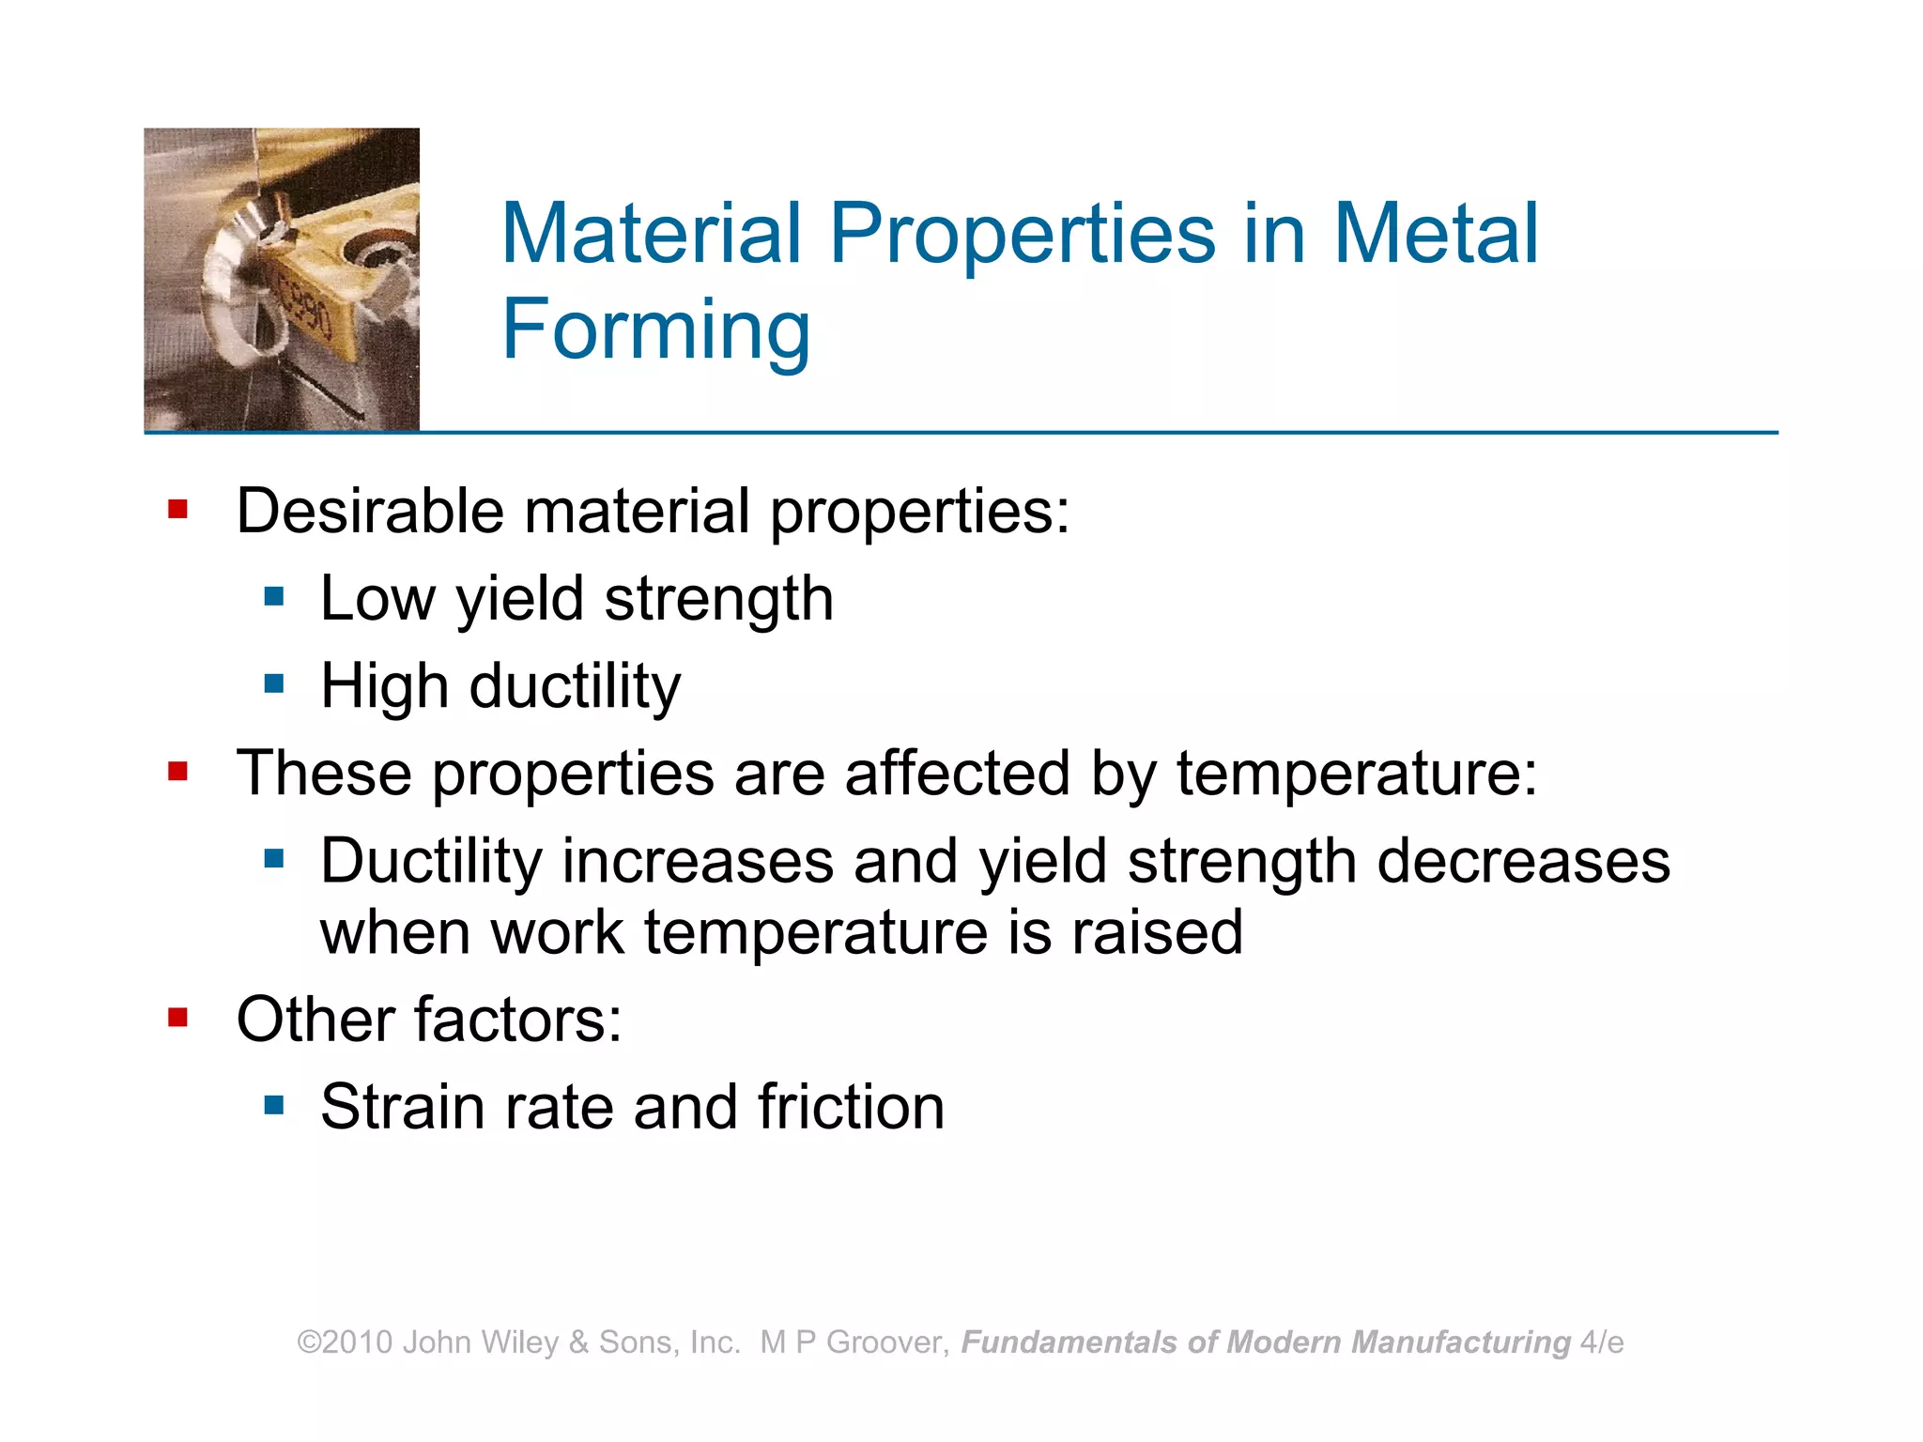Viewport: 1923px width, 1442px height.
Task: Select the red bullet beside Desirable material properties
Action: (x=177, y=510)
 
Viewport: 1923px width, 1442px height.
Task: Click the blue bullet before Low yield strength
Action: (x=274, y=597)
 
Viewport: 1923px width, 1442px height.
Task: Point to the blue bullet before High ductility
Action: (x=274, y=683)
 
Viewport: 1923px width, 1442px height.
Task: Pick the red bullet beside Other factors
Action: (x=177, y=1018)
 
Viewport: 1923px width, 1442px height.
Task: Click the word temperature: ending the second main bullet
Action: (x=1357, y=774)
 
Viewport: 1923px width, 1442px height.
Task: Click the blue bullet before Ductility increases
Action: (x=274, y=858)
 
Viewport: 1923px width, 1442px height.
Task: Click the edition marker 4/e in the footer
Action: (x=1602, y=1342)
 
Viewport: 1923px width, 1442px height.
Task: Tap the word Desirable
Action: (x=370, y=512)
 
